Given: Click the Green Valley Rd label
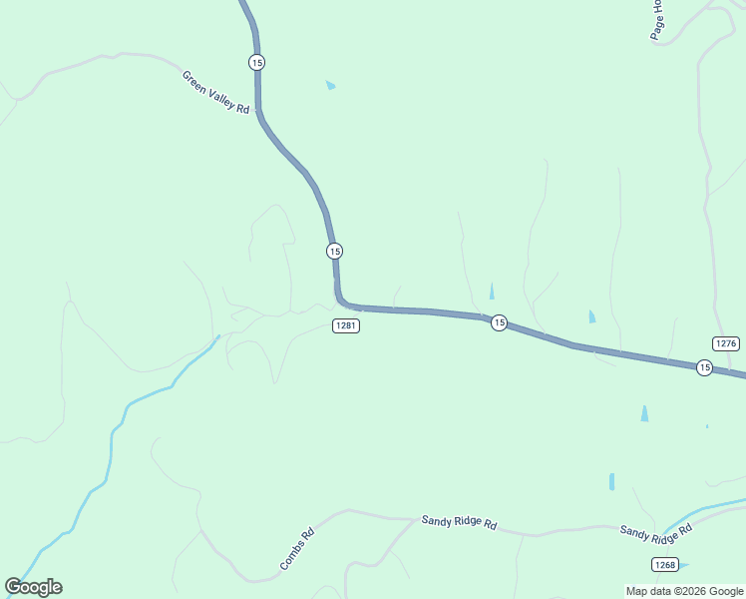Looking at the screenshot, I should coord(215,92).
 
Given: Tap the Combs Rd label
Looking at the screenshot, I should coord(297,549).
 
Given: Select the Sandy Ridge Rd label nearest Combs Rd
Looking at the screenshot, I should coord(459,521).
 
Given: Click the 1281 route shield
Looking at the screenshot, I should coord(346,326).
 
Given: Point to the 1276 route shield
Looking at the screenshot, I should coord(726,343).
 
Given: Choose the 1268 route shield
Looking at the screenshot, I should coord(665,565).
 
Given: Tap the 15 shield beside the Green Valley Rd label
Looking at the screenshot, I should coord(257,62).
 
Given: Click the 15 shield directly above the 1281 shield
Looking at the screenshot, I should coord(334,251).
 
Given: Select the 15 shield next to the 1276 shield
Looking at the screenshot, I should coord(704,368).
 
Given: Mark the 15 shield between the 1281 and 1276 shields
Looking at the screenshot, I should coord(499,322).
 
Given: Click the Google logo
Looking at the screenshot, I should coord(34,587).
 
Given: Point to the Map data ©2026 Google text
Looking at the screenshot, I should coord(685,591).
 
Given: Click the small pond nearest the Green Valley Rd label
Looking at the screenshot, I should coord(330,86).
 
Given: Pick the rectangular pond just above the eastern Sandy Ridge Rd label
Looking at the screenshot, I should coord(611,481).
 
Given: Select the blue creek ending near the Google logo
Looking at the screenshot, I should coord(110,449).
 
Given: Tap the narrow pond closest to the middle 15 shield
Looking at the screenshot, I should coord(491,291).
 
